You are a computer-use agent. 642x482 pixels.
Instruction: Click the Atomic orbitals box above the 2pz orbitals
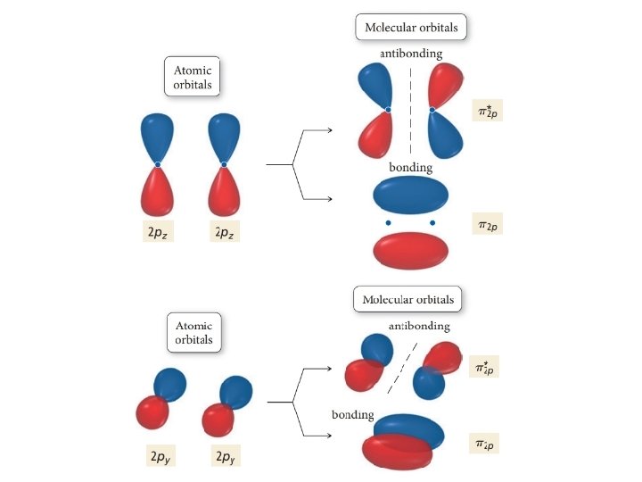[x=192, y=78]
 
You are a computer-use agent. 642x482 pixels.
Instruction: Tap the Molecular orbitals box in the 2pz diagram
[x=411, y=27]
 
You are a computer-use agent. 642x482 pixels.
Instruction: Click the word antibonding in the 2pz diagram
[x=411, y=54]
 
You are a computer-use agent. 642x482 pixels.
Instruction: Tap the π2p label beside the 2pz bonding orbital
[x=487, y=226]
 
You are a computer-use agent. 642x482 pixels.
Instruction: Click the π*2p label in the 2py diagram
[x=484, y=365]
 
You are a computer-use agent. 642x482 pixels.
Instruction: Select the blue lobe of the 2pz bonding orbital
[x=410, y=194]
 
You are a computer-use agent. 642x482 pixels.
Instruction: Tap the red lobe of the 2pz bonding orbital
[x=410, y=250]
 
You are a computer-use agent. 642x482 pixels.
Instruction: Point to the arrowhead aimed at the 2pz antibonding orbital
[x=331, y=131]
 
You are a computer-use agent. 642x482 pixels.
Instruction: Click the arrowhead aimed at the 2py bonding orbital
[x=331, y=436]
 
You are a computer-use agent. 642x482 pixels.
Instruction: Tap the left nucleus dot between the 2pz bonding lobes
[x=388, y=222]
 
